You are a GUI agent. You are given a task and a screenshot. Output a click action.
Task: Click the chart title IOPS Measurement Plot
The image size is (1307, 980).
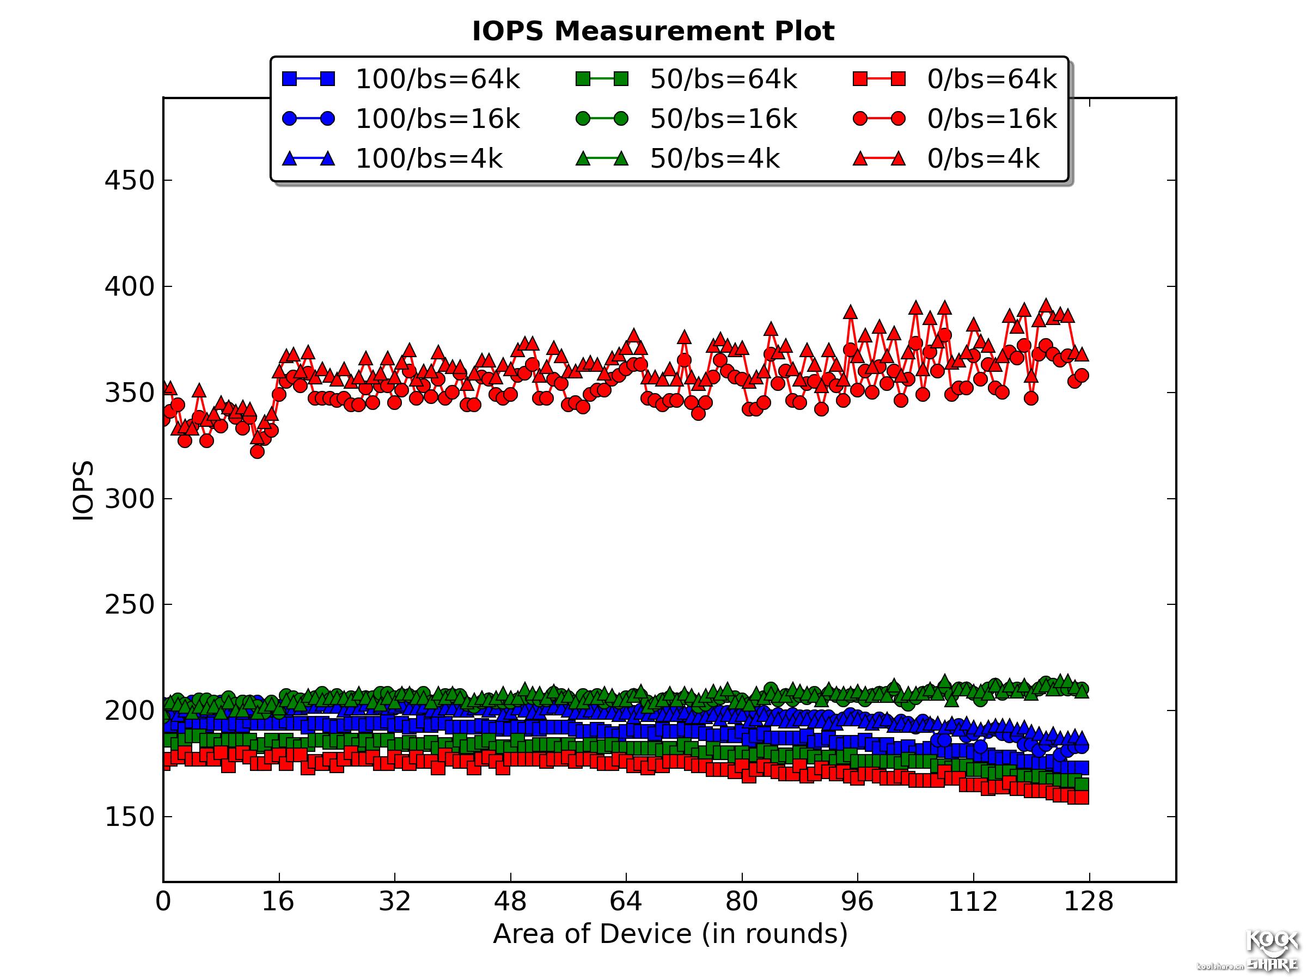coord(653,30)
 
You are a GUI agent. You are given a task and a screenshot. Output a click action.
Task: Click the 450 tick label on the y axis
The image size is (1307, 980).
coord(130,180)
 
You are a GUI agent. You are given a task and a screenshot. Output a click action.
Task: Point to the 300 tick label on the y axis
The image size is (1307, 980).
coord(130,499)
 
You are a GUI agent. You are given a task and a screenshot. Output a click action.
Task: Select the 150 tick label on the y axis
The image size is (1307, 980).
coord(130,817)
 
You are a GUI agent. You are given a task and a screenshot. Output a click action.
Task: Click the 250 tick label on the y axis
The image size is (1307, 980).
coord(130,605)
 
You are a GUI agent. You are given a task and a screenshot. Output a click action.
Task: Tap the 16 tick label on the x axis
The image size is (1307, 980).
coord(278,902)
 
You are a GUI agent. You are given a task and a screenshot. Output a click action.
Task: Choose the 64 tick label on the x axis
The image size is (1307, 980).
coord(626,902)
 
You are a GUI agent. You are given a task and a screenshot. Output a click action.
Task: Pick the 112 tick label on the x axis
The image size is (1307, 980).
coord(973,902)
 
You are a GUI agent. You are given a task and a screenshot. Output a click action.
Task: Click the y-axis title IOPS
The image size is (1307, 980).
coord(83,491)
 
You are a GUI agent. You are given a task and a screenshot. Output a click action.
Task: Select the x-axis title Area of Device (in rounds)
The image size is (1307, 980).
coord(670,934)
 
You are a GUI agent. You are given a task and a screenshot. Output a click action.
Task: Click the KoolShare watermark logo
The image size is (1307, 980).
coord(1271,951)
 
